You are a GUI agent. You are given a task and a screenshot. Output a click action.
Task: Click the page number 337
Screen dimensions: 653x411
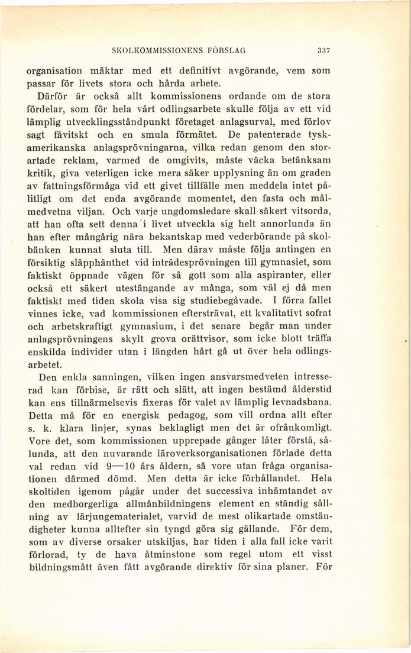[323, 50]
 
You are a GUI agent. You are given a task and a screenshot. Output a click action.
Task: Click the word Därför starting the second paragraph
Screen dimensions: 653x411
[55, 96]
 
